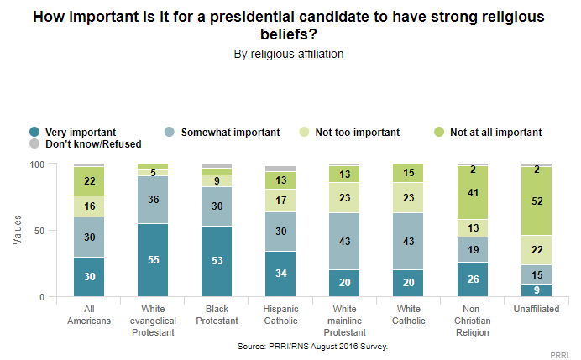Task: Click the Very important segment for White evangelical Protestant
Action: coord(152,260)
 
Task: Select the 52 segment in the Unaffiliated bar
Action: coord(536,201)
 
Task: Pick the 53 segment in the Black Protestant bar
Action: coord(216,262)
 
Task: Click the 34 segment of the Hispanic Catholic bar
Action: coord(280,274)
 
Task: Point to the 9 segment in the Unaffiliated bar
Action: coord(536,291)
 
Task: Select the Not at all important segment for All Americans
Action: coord(88,181)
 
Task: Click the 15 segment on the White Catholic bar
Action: coord(408,173)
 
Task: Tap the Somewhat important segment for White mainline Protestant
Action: coord(344,242)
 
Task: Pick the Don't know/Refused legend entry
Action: coord(75,143)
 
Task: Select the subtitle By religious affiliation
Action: coord(289,53)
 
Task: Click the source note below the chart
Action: coord(301,344)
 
